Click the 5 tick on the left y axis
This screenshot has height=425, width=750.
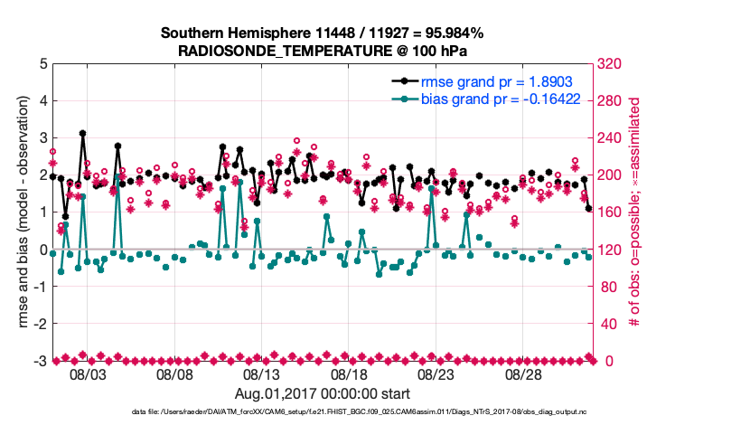[43, 63]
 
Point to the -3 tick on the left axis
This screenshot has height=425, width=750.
[41, 361]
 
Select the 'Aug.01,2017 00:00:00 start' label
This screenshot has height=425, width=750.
[322, 394]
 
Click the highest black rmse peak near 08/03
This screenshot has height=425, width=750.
[82, 133]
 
